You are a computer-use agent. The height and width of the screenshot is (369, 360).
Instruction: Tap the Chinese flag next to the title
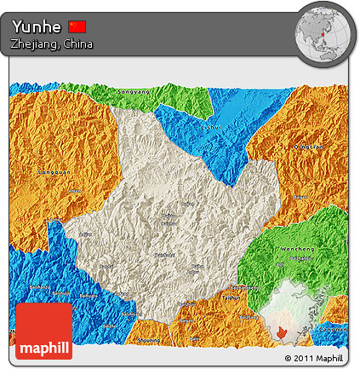tap(77, 26)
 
